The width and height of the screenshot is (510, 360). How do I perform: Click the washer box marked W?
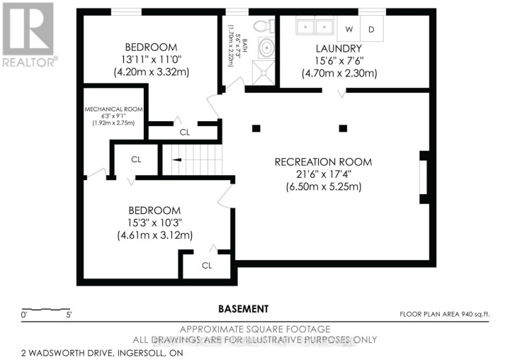pos(348,29)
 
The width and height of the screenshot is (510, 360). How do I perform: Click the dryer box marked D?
pos(371,29)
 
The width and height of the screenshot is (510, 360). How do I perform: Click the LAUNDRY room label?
pos(339,49)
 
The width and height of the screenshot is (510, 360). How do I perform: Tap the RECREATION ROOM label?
pos(323,162)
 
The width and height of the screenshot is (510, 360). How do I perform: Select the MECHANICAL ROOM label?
pos(114,109)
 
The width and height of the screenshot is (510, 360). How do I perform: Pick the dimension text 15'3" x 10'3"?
pos(154,223)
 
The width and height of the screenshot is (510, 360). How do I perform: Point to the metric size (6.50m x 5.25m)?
pos(323,187)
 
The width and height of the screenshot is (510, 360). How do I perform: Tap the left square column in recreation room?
pos(256,128)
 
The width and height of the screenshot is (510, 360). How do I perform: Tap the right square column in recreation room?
pos(344,128)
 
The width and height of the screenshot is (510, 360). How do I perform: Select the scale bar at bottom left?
pos(47,310)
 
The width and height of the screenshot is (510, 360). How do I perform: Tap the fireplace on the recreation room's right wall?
pos(424,177)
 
